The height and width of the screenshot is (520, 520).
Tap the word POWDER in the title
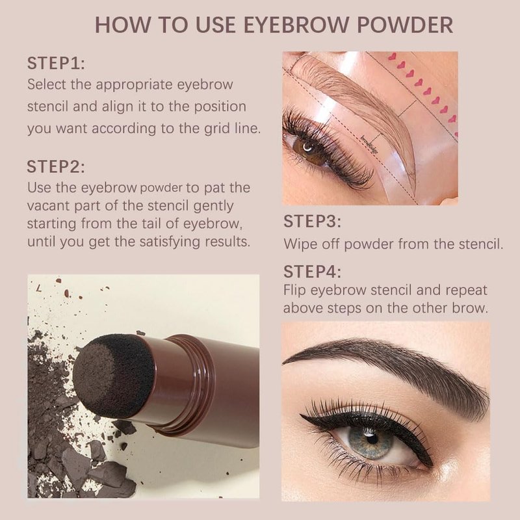[405, 25]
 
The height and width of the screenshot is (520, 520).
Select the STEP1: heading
[56, 63]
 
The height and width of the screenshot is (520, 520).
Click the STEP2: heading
[56, 166]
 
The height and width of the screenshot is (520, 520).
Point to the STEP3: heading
[312, 222]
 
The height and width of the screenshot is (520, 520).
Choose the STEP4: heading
[312, 272]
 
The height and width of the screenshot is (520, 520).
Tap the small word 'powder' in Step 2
[161, 188]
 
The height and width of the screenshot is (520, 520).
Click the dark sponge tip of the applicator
[112, 376]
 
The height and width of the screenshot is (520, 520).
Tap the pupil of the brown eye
[308, 148]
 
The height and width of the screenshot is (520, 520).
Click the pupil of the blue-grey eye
[372, 438]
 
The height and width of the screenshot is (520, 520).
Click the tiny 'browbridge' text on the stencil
[369, 144]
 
